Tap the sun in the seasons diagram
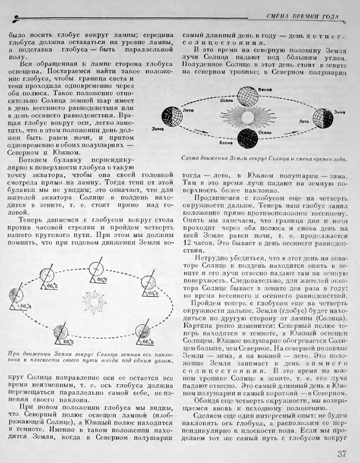click(x=247, y=117)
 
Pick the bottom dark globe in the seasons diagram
click(x=247, y=138)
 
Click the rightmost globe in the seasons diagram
click(x=322, y=118)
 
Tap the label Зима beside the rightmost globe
click(x=339, y=112)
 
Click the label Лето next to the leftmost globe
click(x=188, y=109)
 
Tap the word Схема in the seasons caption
click(x=191, y=159)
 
